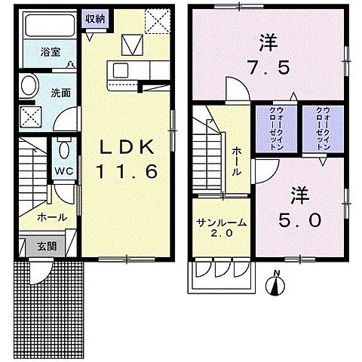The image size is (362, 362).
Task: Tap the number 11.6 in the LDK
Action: (x=126, y=172)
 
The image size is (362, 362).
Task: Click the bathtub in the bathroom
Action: (x=46, y=29)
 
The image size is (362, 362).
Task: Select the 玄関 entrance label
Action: (x=26, y=245)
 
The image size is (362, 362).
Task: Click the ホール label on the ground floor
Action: (x=51, y=217)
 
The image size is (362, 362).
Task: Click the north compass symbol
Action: (x=278, y=285)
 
